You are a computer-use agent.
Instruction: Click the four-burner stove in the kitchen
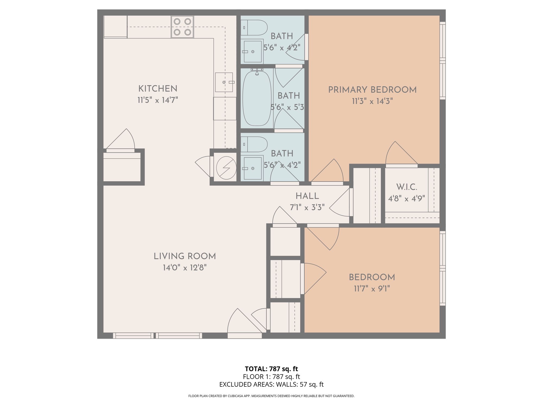pyautogui.click(x=182, y=27)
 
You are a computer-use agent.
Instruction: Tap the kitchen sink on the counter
pyautogui.click(x=224, y=82)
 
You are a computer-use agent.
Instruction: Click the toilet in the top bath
pyautogui.click(x=254, y=28)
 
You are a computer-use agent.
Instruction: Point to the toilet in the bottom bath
pyautogui.click(x=254, y=144)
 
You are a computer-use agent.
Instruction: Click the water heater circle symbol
pyautogui.click(x=226, y=168)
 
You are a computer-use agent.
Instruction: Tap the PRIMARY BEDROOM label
pyautogui.click(x=372, y=90)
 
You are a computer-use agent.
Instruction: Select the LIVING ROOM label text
pyautogui.click(x=185, y=256)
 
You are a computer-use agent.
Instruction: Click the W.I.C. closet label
pyautogui.click(x=407, y=187)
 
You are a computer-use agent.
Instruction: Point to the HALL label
pyautogui.click(x=307, y=196)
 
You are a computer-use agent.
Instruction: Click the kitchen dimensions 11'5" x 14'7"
pyautogui.click(x=158, y=100)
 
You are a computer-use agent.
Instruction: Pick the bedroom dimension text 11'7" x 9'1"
pyautogui.click(x=372, y=289)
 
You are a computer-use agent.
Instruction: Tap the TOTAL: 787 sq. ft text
pyautogui.click(x=271, y=369)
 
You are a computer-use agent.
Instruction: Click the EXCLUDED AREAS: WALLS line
pyautogui.click(x=271, y=384)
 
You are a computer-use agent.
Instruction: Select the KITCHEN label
pyautogui.click(x=158, y=89)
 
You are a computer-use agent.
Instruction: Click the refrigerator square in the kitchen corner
pyautogui.click(x=115, y=26)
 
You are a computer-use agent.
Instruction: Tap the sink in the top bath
pyautogui.click(x=252, y=52)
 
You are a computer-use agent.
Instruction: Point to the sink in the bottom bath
pyautogui.click(x=252, y=168)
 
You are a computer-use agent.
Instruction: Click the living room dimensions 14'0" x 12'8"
pyautogui.click(x=185, y=268)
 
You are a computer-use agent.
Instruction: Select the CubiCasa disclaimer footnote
pyautogui.click(x=271, y=396)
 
